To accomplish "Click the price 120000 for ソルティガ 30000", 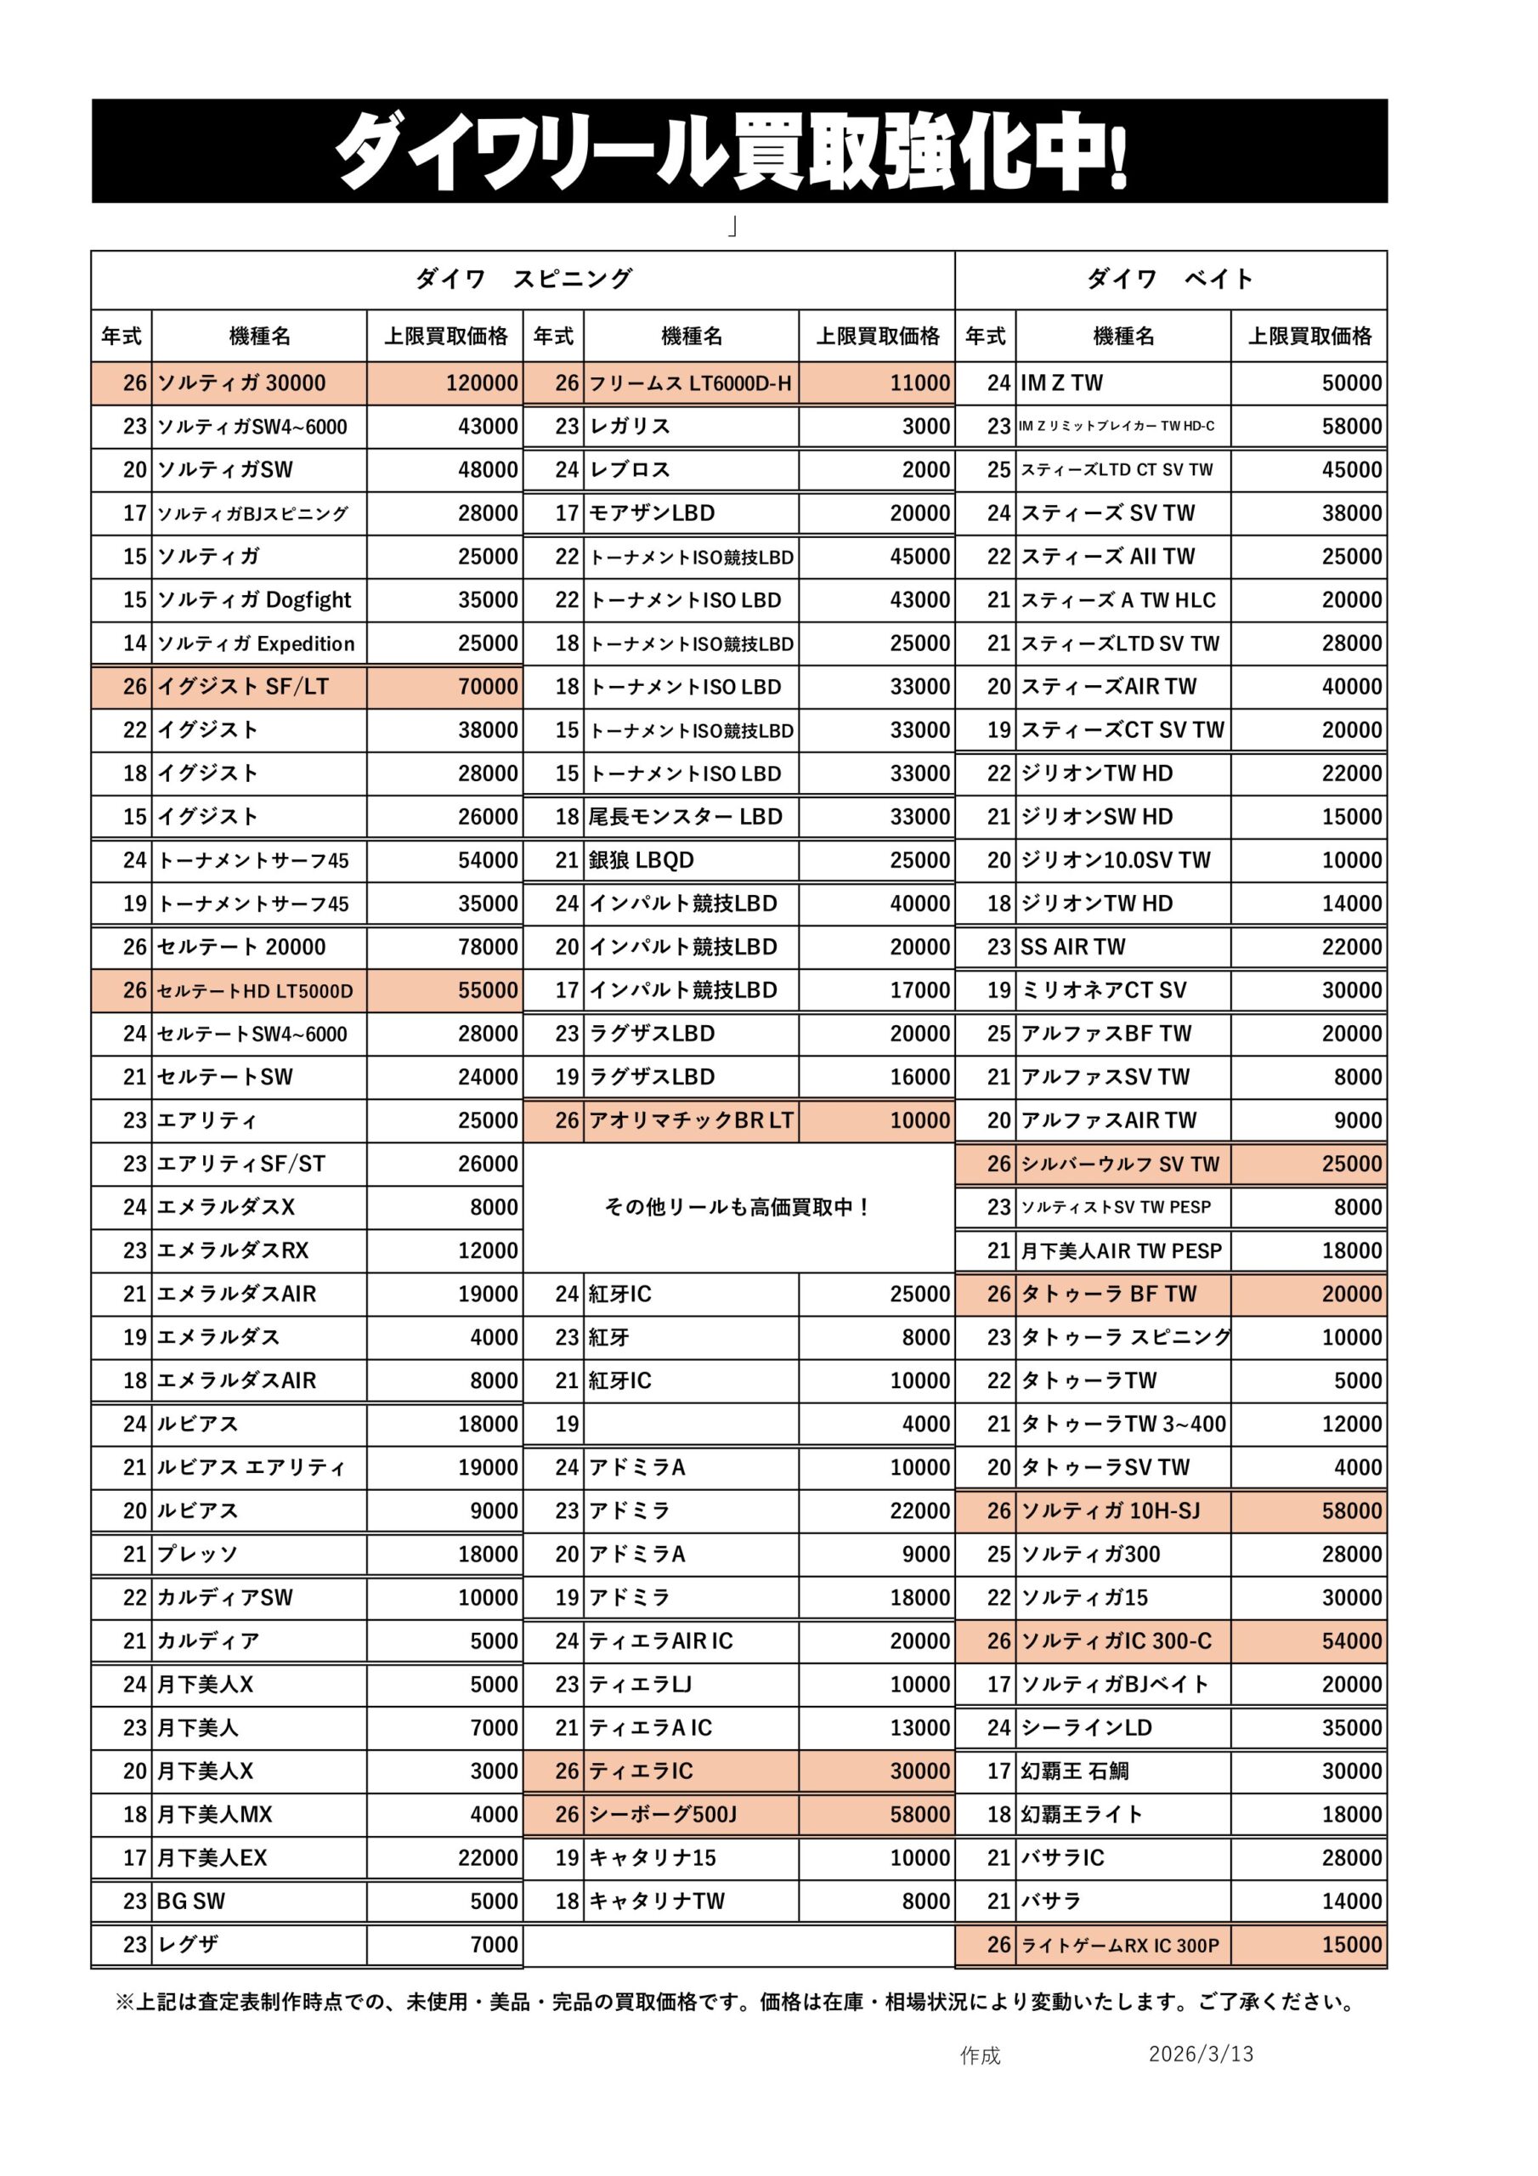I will point(482,382).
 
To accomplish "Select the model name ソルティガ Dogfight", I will point(254,600).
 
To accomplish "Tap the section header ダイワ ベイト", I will point(1170,279).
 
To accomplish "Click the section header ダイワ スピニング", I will point(523,279).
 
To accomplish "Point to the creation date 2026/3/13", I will point(1201,2054).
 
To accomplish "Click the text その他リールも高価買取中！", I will point(738,1207).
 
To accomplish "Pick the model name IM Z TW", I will point(1062,382).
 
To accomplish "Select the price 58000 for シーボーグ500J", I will point(919,1814).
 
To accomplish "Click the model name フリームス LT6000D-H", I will point(690,382).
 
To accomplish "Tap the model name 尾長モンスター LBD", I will point(685,817).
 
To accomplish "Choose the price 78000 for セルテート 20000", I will point(488,947).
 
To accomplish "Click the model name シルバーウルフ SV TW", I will point(1120,1164).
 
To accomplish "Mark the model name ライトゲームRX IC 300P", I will point(1120,1946).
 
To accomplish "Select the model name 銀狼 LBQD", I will point(642,860).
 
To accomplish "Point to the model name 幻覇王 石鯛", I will point(1075,1771).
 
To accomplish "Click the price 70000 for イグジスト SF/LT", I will point(488,686).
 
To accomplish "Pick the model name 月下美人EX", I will point(212,1857).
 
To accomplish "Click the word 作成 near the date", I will point(980,2054).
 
